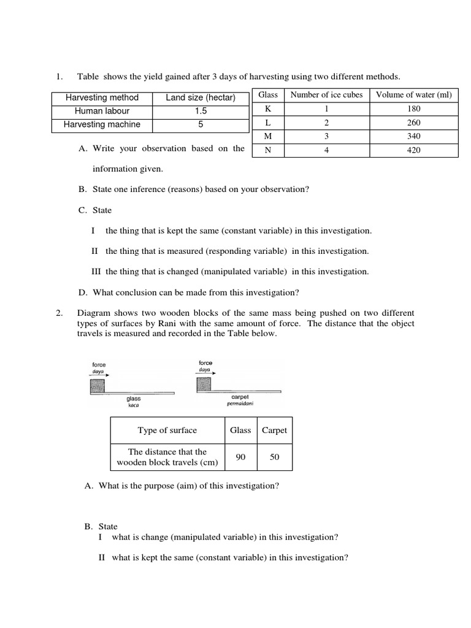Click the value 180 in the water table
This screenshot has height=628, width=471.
(x=413, y=109)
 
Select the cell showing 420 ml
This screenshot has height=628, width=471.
(x=413, y=150)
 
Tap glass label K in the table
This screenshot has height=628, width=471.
(x=267, y=109)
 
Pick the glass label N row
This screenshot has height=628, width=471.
(x=267, y=150)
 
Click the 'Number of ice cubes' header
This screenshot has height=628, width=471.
(x=326, y=94)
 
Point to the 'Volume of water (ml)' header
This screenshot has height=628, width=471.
(x=413, y=94)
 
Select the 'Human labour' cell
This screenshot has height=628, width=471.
(x=102, y=111)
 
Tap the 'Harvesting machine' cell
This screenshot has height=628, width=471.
(x=102, y=124)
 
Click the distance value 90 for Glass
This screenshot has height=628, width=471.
(x=240, y=457)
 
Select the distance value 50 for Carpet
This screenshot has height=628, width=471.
(x=274, y=457)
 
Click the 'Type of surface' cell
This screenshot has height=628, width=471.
(x=167, y=431)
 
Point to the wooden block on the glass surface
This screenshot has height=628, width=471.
(x=97, y=386)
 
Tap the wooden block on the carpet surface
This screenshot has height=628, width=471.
(x=204, y=384)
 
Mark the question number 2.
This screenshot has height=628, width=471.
(x=59, y=313)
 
